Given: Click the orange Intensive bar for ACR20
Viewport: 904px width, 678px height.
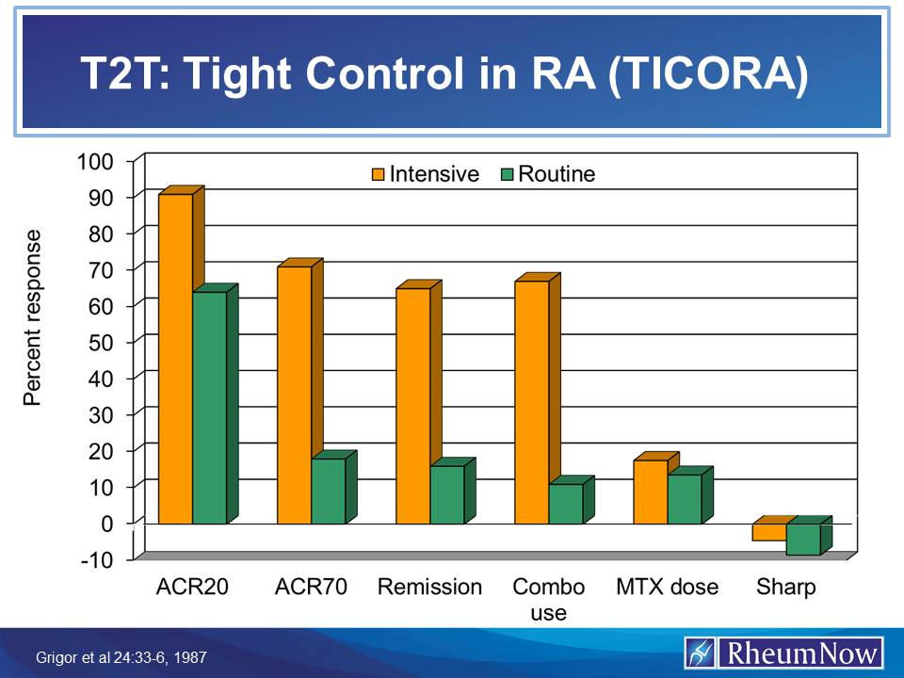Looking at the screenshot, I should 175,358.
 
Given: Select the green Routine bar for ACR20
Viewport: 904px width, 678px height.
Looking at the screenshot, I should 209,408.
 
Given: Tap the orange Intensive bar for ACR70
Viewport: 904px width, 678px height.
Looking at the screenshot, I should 294,395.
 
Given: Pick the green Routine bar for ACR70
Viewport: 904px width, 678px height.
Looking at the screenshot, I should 328,491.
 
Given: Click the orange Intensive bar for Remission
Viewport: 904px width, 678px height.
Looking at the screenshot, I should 412,405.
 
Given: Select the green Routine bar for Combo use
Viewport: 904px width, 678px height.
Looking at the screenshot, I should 565,504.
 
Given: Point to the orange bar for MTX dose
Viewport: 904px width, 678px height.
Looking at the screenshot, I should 650,492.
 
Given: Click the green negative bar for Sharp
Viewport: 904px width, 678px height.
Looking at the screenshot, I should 803,539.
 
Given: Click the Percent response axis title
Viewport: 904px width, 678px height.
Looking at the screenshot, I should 33,317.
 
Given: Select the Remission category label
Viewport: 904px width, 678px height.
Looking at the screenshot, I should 429,588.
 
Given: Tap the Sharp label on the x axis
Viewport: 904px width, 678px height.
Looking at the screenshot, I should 785,588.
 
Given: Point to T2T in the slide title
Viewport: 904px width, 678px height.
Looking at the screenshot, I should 119,77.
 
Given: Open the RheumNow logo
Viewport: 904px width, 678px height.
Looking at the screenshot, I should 783,653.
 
